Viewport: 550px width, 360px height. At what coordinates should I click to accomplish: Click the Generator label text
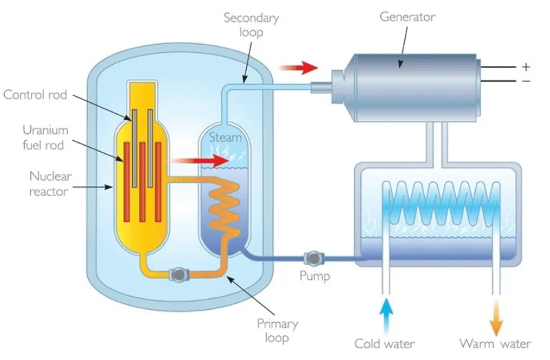407,16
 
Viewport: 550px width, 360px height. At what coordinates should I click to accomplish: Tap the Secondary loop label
251,25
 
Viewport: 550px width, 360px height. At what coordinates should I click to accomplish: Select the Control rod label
35,95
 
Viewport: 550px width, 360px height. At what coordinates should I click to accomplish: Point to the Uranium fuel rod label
45,137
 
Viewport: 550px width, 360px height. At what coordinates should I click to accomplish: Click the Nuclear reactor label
50,183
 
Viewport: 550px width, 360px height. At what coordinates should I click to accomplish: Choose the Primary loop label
278,330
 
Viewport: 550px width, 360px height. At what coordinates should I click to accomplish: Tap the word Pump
315,276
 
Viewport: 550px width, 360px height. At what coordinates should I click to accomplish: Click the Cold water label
384,344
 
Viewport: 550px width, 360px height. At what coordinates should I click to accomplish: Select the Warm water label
495,344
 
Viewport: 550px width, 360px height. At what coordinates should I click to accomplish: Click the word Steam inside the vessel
225,137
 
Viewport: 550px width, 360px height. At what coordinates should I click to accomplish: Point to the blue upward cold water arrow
386,315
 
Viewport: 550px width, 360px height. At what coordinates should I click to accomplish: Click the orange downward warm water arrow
496,317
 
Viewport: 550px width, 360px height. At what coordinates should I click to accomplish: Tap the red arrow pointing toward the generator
298,67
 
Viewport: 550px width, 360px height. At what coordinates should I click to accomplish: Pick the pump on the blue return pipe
313,258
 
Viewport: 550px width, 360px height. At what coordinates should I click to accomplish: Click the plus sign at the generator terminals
526,67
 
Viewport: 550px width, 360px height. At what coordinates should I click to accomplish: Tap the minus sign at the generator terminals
526,81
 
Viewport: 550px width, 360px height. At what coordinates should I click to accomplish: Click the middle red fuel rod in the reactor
142,182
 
